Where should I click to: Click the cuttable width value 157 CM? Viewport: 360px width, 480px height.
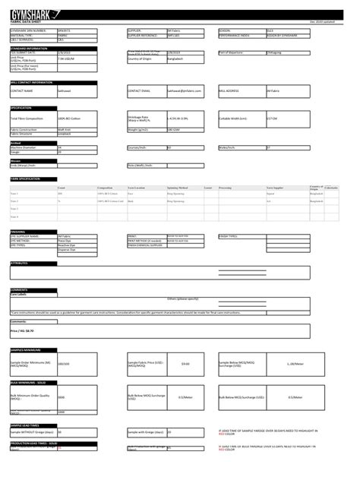pyautogui.click(x=272, y=119)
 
